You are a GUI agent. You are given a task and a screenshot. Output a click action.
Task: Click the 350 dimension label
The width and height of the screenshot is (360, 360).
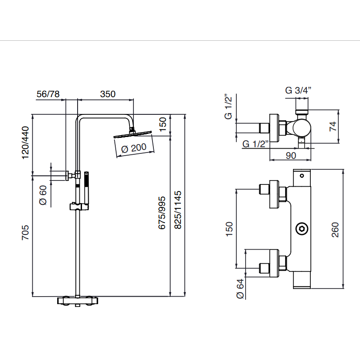point(108,94)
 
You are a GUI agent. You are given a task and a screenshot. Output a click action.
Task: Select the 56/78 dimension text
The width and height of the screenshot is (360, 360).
point(48,94)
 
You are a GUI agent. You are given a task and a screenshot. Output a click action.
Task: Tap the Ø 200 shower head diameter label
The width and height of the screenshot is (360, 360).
point(133,149)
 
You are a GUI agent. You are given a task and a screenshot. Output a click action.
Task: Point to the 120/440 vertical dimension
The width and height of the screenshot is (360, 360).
point(25,143)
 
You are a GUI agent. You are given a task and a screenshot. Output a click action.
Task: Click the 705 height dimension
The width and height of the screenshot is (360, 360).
point(25,233)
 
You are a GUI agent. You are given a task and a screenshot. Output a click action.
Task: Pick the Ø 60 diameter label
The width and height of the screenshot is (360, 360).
point(43,195)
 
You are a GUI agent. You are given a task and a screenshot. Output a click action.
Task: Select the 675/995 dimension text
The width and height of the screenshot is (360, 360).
point(162,213)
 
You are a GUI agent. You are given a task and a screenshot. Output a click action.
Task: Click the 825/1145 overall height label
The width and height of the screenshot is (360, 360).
point(178,210)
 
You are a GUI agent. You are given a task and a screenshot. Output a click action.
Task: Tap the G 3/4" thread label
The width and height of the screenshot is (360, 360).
point(298,90)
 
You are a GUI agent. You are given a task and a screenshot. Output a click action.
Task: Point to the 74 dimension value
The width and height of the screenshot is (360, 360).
point(333,126)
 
